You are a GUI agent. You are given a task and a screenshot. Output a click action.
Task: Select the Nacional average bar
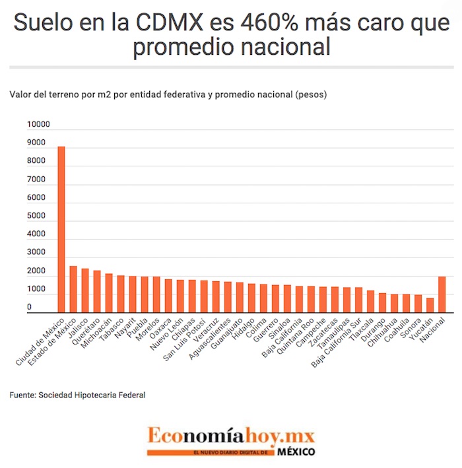click(x=442, y=294)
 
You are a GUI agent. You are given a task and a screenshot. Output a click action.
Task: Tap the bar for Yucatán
click(x=430, y=305)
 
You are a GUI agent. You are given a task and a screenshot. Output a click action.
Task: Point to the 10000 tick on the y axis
click(x=38, y=125)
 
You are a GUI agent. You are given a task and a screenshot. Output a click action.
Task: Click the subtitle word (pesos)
click(x=313, y=94)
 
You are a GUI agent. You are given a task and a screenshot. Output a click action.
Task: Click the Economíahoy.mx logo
click(x=231, y=436)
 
